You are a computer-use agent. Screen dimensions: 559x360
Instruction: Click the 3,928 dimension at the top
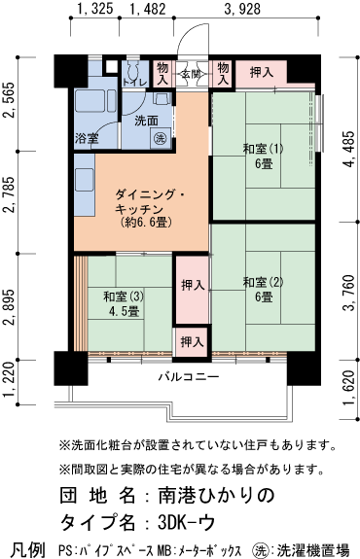click(243, 11)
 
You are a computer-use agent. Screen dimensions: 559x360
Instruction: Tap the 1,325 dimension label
click(93, 11)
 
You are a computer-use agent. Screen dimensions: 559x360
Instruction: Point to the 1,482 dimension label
click(147, 11)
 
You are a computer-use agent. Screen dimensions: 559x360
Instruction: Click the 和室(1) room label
click(263, 156)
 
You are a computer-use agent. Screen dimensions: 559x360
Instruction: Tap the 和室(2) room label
click(263, 289)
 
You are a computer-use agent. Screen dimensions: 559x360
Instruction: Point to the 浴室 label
click(88, 139)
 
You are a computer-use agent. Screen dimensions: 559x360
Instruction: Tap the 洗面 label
click(146, 121)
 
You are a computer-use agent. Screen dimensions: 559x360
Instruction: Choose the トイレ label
click(133, 83)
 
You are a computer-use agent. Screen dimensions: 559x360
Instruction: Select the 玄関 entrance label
click(192, 72)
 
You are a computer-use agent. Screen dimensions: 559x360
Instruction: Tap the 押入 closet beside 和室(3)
click(192, 285)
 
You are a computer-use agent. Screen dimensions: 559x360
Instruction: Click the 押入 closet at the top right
click(261, 72)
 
